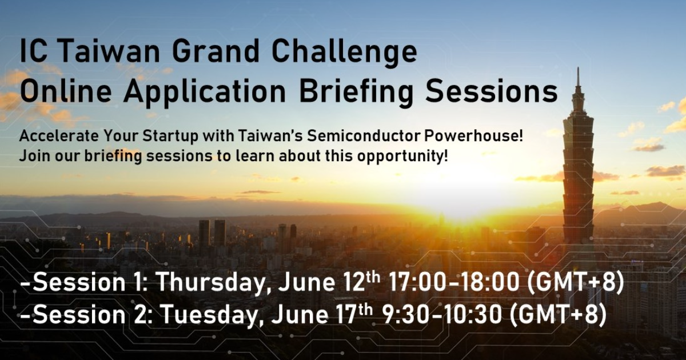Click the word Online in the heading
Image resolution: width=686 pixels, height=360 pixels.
pyautogui.click(x=66, y=91)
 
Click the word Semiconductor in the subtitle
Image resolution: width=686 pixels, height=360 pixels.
pyautogui.click(x=363, y=136)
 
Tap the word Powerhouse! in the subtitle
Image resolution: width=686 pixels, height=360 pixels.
pyautogui.click(x=473, y=136)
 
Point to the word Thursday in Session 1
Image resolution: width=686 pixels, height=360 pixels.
pyautogui.click(x=211, y=282)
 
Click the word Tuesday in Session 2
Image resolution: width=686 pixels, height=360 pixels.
pyautogui.click(x=208, y=315)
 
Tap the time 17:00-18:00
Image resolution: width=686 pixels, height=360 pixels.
pyautogui.click(x=454, y=282)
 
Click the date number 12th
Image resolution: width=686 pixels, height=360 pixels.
pyautogui.click(x=361, y=281)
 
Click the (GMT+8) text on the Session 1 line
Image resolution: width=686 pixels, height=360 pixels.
pyautogui.click(x=576, y=282)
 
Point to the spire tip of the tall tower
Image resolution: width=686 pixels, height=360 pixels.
pyautogui.click(x=578, y=68)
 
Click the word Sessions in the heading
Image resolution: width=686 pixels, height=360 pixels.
pyautogui.click(x=492, y=91)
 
